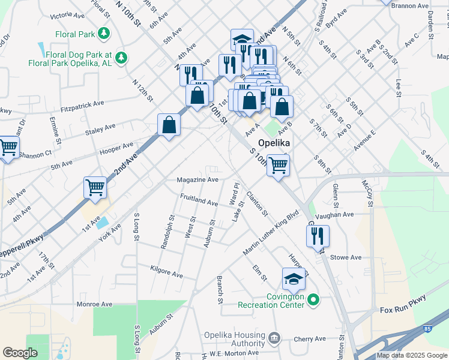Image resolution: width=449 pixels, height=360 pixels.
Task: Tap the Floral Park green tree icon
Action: (104, 33)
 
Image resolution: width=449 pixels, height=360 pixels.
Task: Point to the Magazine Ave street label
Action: (197, 179)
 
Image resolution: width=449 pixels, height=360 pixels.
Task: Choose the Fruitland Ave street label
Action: (199, 199)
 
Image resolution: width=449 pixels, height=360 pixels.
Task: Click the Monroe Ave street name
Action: (95, 304)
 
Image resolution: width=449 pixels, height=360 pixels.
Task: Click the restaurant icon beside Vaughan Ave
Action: (318, 236)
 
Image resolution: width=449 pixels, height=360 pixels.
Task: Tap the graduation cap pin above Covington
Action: (294, 279)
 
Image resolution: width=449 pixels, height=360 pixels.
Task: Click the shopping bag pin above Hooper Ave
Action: (169, 125)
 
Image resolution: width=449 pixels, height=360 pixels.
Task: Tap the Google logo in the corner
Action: (20, 353)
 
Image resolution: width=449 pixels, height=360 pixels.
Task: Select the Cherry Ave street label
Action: (310, 339)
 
